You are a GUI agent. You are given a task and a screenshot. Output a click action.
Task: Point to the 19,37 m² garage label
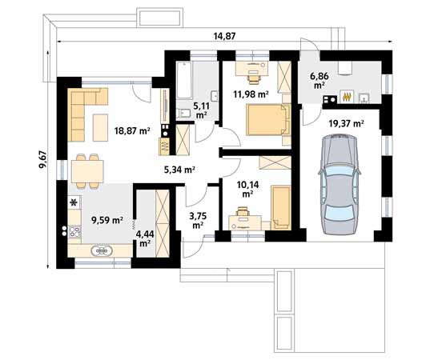tap(346, 123)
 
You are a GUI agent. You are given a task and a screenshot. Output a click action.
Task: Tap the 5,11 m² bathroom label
tap(200, 109)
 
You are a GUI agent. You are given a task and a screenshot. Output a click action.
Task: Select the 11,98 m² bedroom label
tap(248, 94)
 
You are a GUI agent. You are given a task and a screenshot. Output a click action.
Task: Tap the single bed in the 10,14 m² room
tap(281, 206)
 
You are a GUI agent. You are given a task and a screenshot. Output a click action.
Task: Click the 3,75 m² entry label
tap(197, 218)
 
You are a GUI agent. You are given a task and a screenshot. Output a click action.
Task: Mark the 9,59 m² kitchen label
tap(105, 219)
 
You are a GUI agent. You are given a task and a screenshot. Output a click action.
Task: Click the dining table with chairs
tap(87, 170)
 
